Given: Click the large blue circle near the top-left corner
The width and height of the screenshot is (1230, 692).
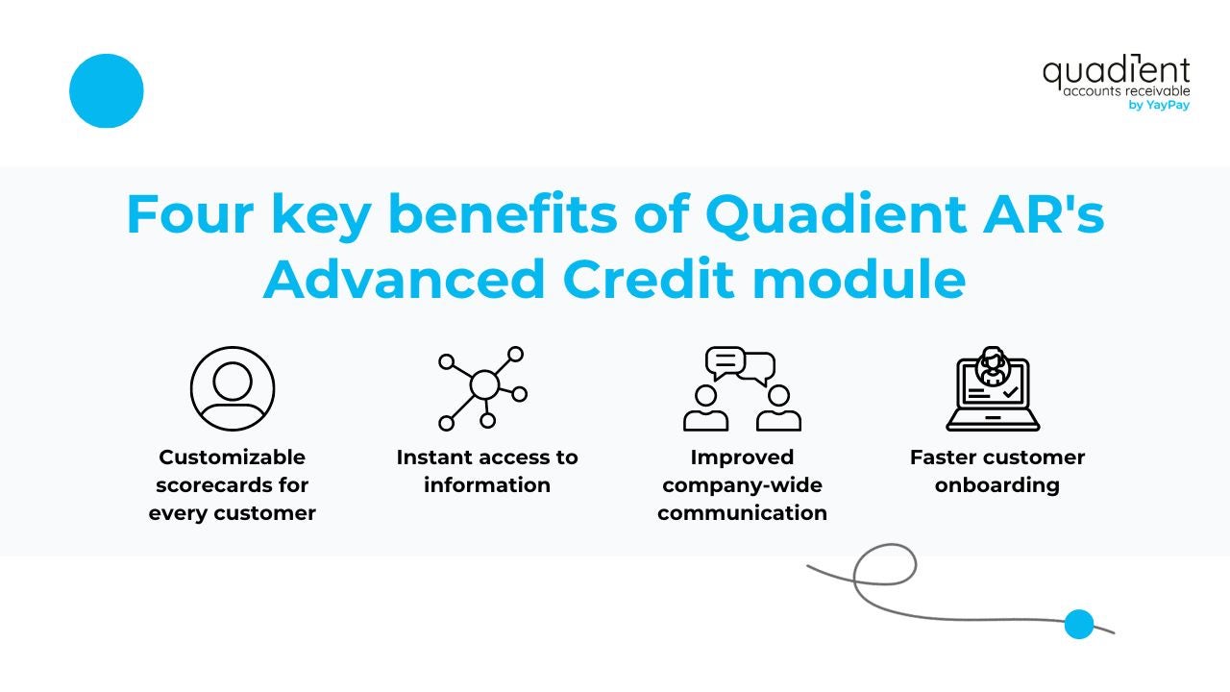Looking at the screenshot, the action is click(107, 90).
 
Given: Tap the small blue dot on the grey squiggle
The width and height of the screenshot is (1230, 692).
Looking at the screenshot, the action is click(1079, 624).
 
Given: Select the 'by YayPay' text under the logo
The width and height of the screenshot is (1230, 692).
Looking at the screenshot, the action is click(1159, 105).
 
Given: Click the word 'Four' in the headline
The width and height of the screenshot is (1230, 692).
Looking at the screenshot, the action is click(190, 213).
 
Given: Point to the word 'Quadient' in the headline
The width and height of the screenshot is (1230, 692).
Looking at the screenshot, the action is click(836, 213).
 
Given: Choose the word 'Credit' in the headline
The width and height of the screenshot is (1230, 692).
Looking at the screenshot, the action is click(649, 279).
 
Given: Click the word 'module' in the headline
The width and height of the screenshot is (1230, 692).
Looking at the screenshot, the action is click(859, 279).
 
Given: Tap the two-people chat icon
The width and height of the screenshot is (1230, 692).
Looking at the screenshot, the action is click(742, 389).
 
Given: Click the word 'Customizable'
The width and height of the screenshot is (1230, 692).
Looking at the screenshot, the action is click(233, 457).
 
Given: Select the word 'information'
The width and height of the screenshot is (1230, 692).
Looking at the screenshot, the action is click(487, 485).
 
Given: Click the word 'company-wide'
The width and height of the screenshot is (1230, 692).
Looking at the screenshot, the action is click(743, 485).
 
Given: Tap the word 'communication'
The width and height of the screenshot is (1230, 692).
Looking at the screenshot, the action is click(743, 513).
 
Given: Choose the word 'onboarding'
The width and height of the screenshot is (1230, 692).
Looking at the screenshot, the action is click(997, 485).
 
